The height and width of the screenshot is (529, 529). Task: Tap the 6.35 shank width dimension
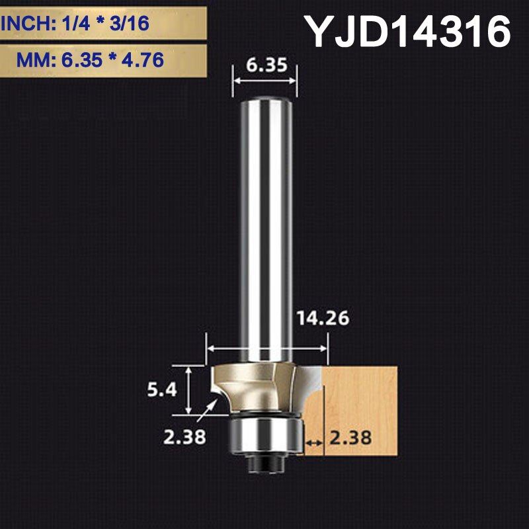tap(265, 67)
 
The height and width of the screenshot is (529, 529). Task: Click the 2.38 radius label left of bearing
tap(183, 437)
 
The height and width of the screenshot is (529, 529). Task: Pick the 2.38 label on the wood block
tap(351, 437)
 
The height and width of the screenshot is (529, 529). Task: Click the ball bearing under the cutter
tap(265, 434)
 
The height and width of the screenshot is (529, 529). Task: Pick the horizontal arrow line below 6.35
tap(265, 81)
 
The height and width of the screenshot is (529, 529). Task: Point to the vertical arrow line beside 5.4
tap(190, 390)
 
